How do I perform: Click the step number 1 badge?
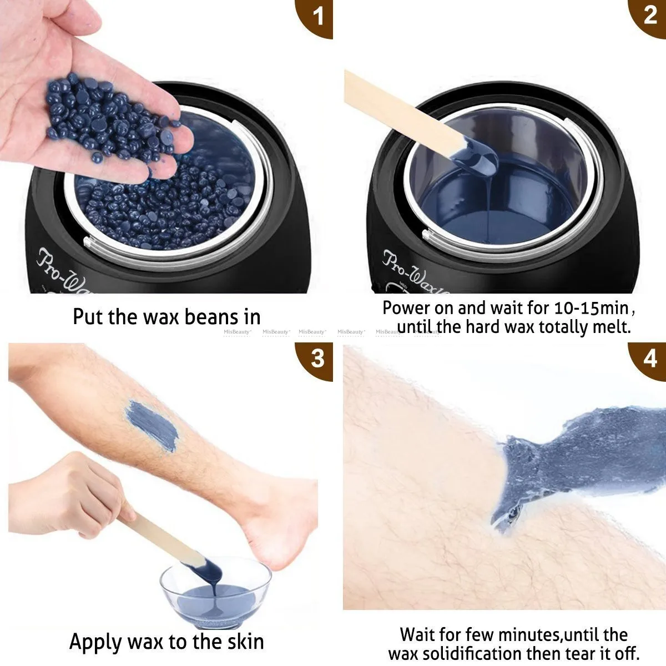[x=317, y=16]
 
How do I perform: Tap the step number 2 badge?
[x=650, y=16]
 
